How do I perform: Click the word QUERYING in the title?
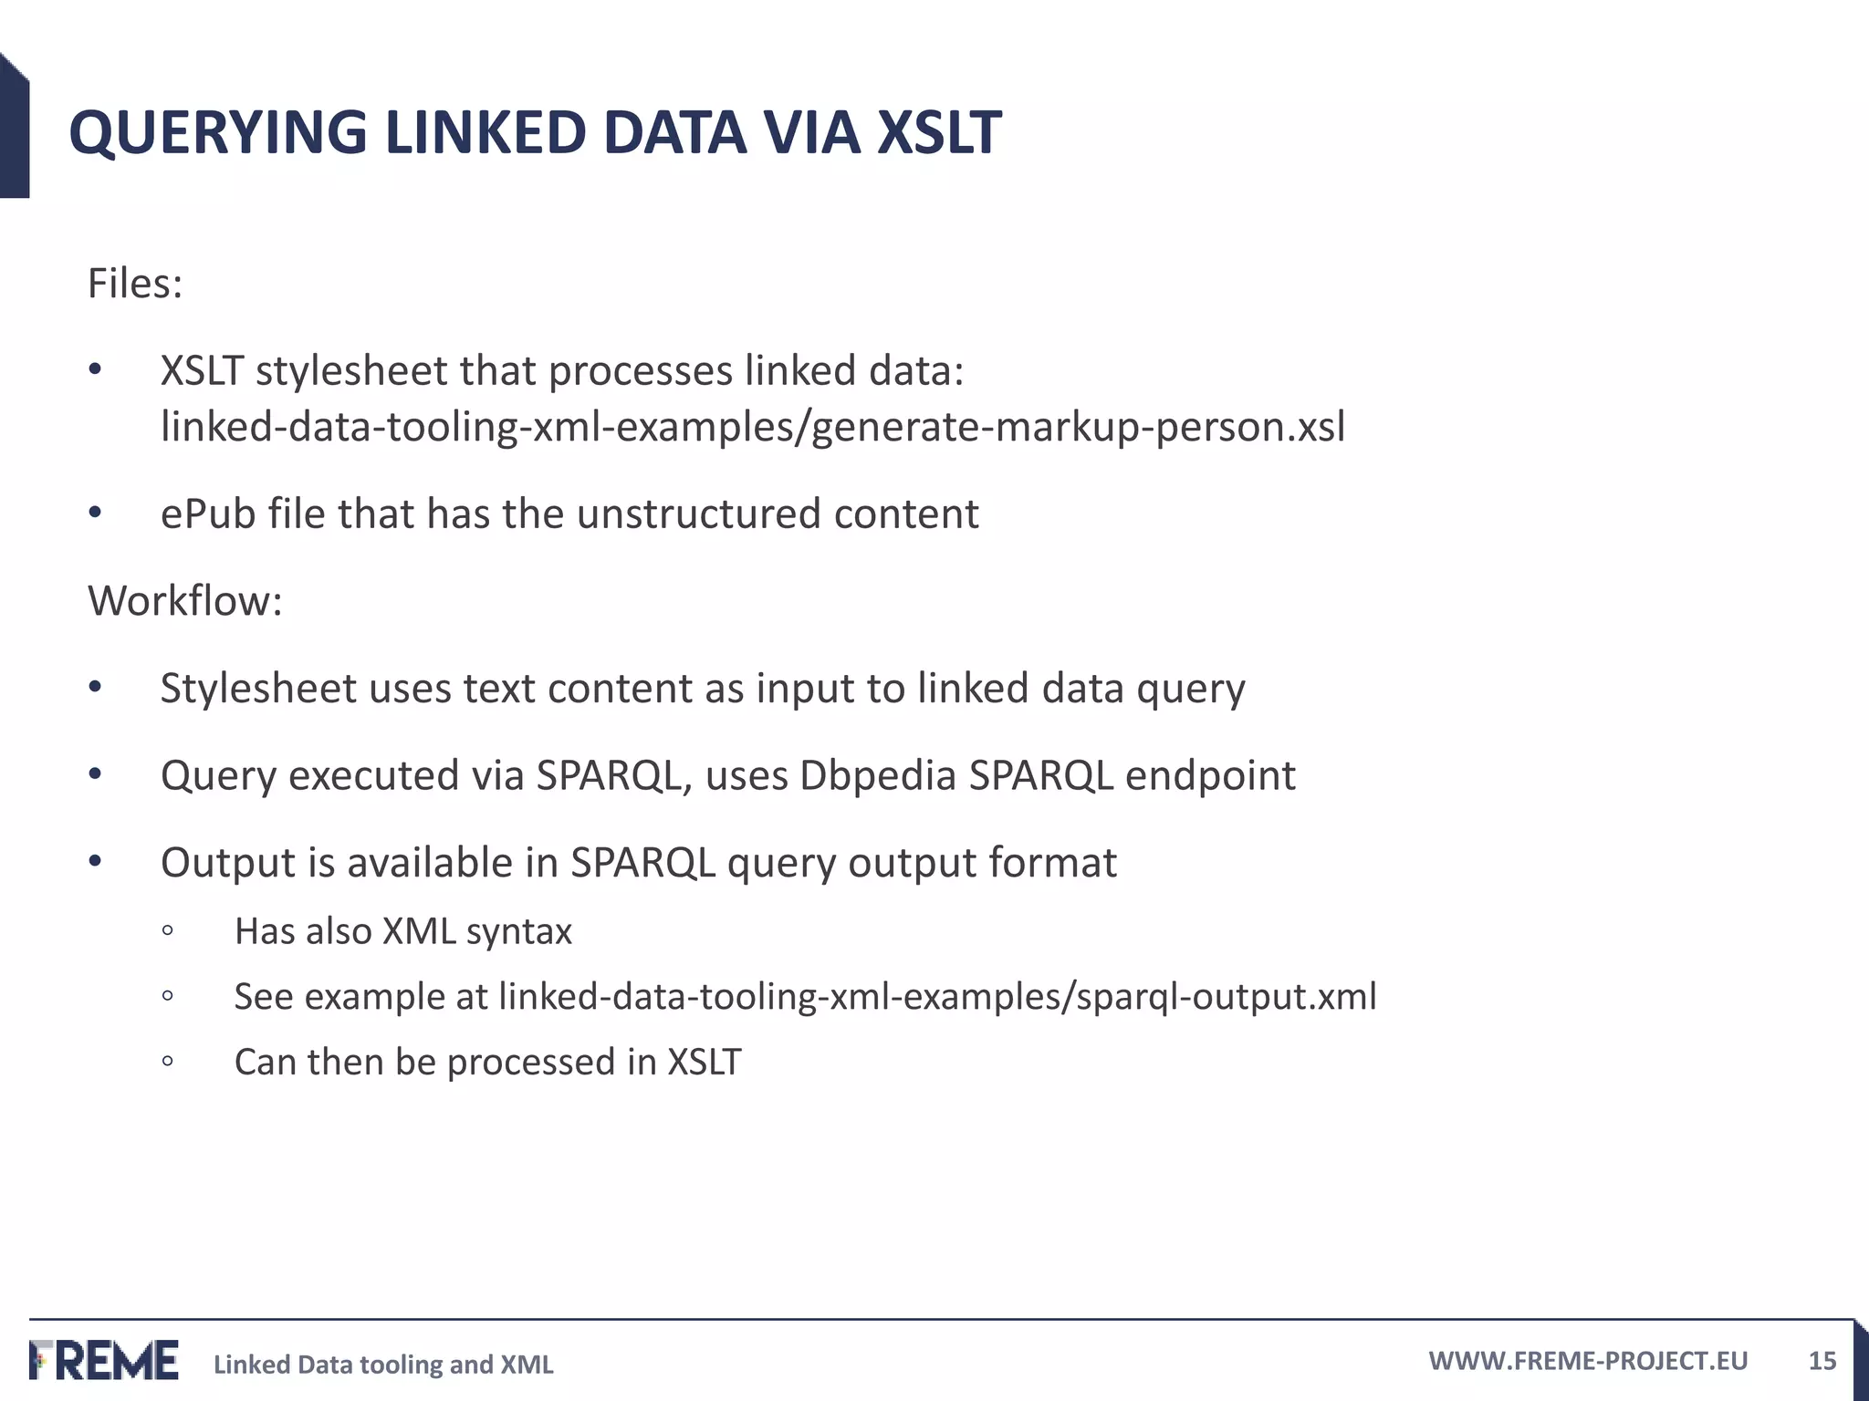point(217,133)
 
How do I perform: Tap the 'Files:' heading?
point(135,284)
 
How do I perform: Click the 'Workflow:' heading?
point(185,601)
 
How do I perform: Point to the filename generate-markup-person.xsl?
point(1078,427)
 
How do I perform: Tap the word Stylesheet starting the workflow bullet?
point(258,688)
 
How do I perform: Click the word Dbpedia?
point(877,775)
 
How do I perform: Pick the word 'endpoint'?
point(1210,775)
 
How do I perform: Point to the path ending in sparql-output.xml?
point(937,996)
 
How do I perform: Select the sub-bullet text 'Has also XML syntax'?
point(402,931)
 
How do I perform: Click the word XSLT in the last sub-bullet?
point(705,1062)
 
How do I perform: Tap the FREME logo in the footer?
point(104,1360)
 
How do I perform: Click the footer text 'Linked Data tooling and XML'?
point(383,1365)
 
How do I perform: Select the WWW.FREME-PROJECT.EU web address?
point(1588,1361)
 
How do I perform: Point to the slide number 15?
point(1822,1361)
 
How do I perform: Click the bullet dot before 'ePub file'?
point(96,513)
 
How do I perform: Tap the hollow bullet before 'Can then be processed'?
point(167,1061)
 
